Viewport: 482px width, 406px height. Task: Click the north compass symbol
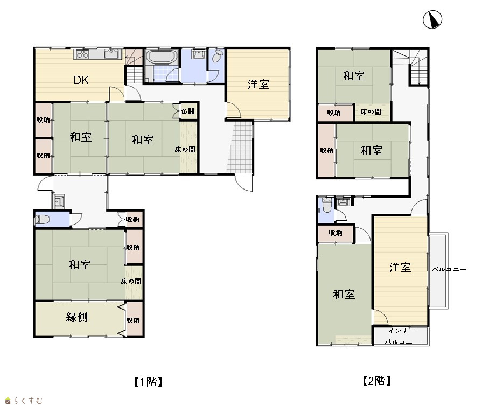click(x=432, y=19)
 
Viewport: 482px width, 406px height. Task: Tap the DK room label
click(x=81, y=80)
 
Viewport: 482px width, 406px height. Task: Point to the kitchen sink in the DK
click(x=111, y=54)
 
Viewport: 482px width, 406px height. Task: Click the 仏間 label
click(x=188, y=111)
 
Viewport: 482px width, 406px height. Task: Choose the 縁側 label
click(x=77, y=317)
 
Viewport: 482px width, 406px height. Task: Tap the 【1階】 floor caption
click(x=148, y=382)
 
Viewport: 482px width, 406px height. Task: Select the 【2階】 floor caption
click(x=376, y=381)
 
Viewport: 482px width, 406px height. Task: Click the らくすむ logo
click(x=24, y=401)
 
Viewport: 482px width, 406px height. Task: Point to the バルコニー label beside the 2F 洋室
click(x=449, y=270)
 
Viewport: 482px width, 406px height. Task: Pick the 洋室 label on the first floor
click(x=259, y=84)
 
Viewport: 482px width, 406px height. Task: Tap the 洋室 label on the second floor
click(x=400, y=267)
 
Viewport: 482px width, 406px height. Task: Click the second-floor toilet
click(x=326, y=205)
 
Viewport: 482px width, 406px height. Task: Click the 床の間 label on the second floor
click(x=371, y=112)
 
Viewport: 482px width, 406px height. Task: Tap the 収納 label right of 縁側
click(x=133, y=320)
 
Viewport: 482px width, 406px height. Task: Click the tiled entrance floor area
click(x=240, y=148)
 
